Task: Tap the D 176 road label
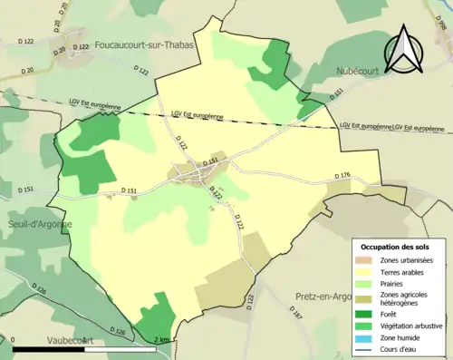coord(342,174)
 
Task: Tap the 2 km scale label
coord(161,339)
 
